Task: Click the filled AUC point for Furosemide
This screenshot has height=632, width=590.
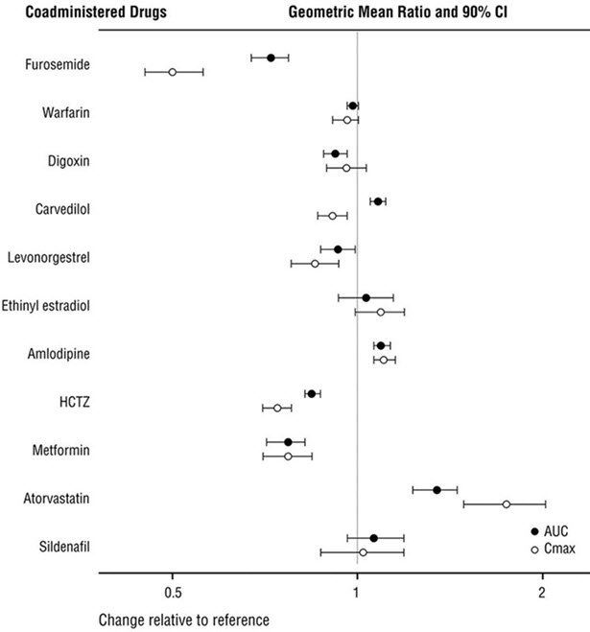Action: click(x=271, y=58)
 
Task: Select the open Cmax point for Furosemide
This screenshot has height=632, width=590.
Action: click(x=173, y=72)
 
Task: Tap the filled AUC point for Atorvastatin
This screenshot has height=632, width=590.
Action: click(x=437, y=489)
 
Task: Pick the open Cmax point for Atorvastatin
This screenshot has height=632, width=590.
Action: click(x=507, y=503)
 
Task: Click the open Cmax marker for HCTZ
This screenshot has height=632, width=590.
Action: click(x=277, y=408)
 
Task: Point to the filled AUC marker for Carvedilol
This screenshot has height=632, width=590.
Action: click(x=378, y=201)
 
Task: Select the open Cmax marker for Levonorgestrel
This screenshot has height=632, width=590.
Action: click(x=315, y=264)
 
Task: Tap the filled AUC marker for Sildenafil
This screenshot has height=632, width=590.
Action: click(x=373, y=538)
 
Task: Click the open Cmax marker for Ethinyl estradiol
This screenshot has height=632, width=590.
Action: click(x=381, y=312)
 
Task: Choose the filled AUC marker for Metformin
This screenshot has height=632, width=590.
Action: click(x=288, y=442)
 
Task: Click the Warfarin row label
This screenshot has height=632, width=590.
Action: click(x=66, y=113)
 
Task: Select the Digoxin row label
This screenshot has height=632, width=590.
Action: click(x=68, y=161)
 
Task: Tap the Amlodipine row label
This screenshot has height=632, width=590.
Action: click(x=59, y=354)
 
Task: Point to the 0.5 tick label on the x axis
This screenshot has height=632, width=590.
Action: click(x=172, y=591)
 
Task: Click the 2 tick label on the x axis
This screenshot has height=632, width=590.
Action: click(x=542, y=591)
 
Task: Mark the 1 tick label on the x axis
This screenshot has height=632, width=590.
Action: click(x=357, y=591)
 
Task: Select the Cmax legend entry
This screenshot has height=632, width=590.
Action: click(x=551, y=548)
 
